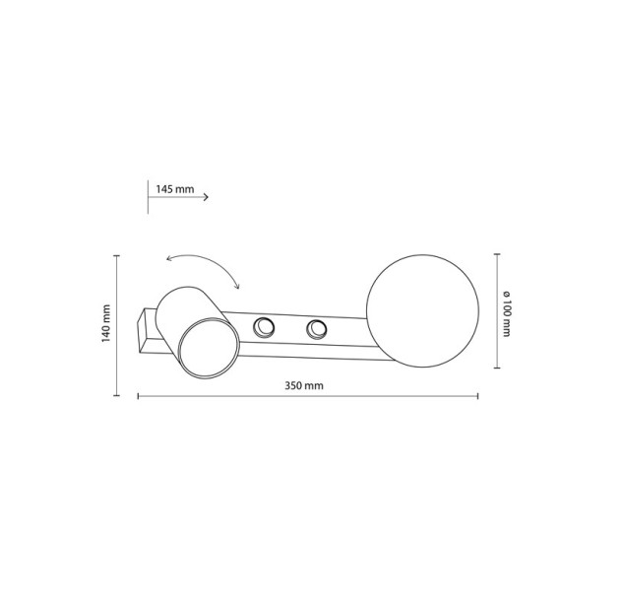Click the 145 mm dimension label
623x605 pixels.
coord(175,189)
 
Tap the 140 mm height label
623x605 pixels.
coord(105,323)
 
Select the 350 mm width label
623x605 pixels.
coord(304,385)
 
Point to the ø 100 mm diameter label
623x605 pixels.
coord(506,314)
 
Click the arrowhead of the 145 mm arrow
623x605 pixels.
coord(206,197)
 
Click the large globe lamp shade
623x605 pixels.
coord(422,310)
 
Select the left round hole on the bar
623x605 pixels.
coord(264,327)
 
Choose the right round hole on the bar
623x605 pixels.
coord(317,329)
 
